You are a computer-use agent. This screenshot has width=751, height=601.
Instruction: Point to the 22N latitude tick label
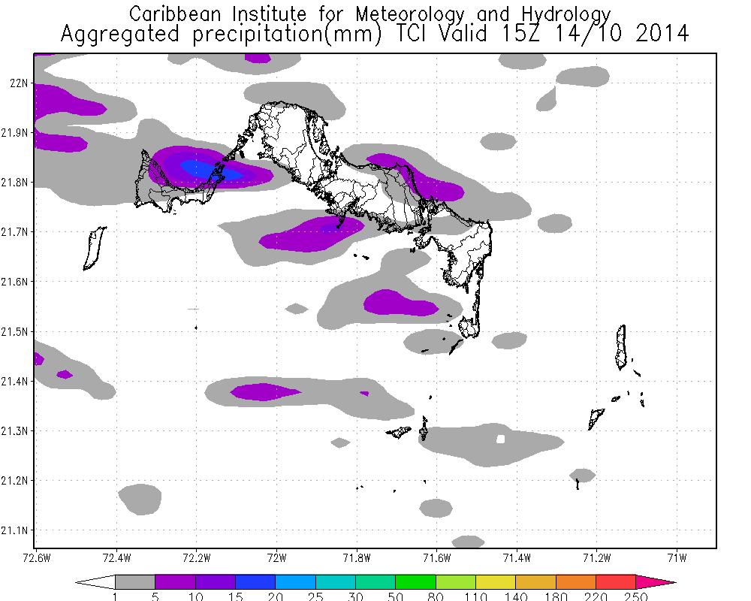[x=20, y=83]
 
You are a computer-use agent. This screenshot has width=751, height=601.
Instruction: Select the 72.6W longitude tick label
[x=36, y=557]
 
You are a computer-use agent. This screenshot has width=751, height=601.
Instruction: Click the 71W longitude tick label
[x=677, y=557]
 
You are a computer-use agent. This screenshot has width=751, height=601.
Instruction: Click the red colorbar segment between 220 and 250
[x=616, y=582]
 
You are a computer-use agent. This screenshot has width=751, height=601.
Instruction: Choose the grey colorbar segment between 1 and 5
[x=135, y=582]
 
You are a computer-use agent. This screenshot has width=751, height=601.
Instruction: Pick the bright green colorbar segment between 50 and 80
[x=415, y=582]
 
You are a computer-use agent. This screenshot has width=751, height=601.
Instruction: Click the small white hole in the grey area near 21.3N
[x=501, y=439]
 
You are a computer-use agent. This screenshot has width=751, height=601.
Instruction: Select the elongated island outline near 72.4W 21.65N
[x=94, y=248]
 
